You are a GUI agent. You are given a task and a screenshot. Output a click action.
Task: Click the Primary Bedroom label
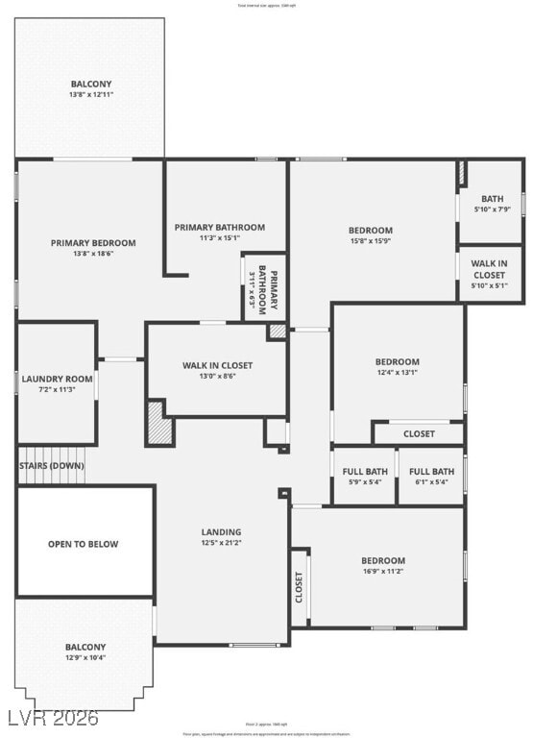93,243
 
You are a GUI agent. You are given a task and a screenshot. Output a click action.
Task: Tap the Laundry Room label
57,379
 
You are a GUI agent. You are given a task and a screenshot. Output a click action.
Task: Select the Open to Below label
84,544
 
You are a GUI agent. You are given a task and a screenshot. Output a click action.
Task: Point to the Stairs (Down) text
51,466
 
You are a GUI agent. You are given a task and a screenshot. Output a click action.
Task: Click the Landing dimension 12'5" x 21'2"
221,544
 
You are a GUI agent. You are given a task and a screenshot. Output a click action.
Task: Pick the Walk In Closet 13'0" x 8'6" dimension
217,377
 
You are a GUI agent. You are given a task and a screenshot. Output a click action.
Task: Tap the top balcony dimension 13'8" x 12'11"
90,95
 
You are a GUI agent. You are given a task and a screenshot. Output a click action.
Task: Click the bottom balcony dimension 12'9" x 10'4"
85,658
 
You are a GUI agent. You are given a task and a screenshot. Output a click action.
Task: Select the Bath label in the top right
492,199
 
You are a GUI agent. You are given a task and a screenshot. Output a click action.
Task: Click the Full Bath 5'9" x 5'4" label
364,472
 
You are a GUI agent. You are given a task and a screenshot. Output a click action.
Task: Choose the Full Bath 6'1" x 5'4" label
431,472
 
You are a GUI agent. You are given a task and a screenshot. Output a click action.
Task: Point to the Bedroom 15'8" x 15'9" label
370,230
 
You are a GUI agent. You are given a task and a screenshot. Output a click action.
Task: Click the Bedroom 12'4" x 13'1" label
397,362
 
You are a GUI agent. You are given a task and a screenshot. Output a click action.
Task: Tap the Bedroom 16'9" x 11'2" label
382,560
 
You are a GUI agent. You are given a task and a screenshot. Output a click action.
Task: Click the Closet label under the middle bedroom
419,434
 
